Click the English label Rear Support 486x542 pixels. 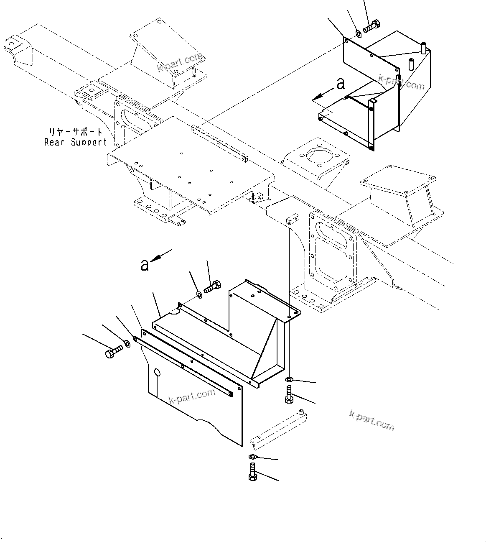[76, 143]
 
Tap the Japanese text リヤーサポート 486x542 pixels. [76, 132]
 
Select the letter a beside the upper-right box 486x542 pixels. [341, 84]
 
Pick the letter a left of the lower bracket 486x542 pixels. [145, 265]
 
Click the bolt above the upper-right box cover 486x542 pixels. [370, 26]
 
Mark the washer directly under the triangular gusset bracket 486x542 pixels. [288, 379]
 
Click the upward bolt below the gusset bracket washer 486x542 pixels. [289, 394]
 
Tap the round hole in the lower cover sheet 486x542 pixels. [157, 372]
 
